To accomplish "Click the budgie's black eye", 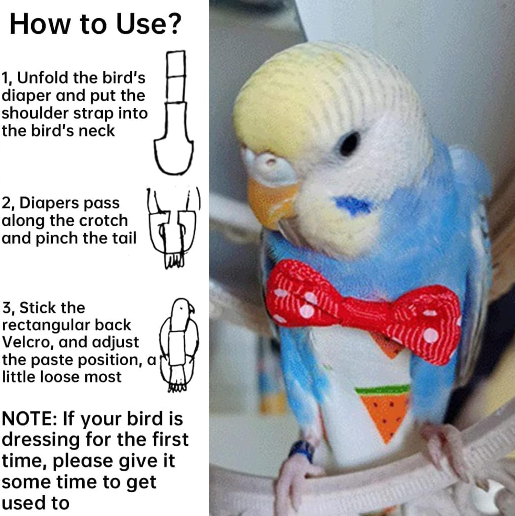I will click(349, 143).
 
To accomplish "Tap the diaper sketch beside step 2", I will click(172, 229).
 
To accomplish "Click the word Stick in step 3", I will click(52, 308).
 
